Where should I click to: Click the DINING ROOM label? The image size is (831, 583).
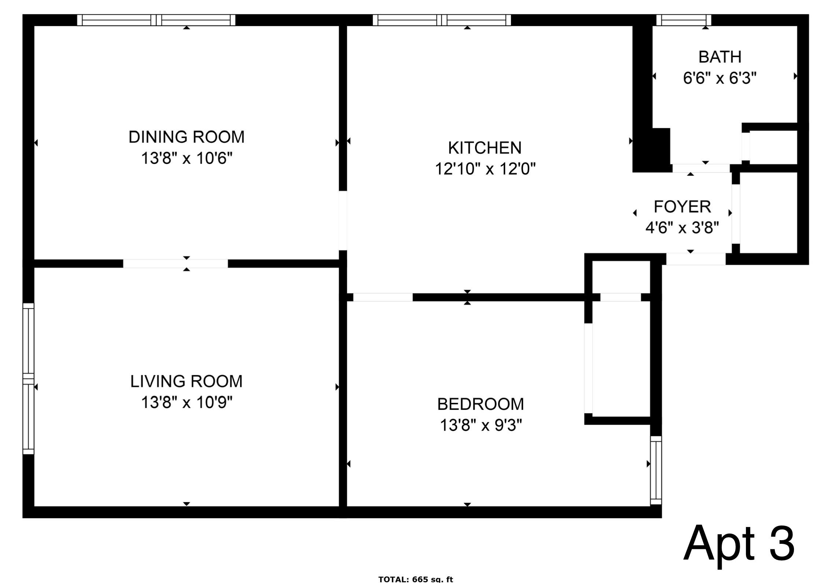tap(186, 137)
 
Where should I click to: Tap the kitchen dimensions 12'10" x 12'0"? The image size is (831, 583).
tap(485, 169)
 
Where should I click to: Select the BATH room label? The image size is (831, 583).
tap(720, 57)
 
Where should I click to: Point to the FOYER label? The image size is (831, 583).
tap(682, 207)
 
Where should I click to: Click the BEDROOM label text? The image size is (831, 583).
tap(480, 404)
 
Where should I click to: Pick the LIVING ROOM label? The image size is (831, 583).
tap(186, 382)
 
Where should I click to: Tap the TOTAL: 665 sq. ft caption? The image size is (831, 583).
tap(415, 579)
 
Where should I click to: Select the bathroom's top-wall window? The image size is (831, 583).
tap(683, 20)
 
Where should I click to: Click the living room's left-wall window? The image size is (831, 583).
tap(28, 379)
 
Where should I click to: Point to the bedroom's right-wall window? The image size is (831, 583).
tap(656, 470)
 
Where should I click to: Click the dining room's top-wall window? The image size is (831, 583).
tap(156, 20)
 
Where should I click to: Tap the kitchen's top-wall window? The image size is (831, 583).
tap(442, 20)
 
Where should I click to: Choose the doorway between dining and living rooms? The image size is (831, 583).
tap(175, 264)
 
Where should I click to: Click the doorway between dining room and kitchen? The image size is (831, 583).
tap(343, 220)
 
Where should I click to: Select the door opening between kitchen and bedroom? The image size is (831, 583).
tap(383, 297)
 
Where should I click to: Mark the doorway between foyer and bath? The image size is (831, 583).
tap(701, 168)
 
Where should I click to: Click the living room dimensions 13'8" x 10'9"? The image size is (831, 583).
tap(186, 403)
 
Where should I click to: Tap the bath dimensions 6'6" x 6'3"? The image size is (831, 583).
tap(720, 78)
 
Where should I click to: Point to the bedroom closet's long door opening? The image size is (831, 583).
tap(588, 368)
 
